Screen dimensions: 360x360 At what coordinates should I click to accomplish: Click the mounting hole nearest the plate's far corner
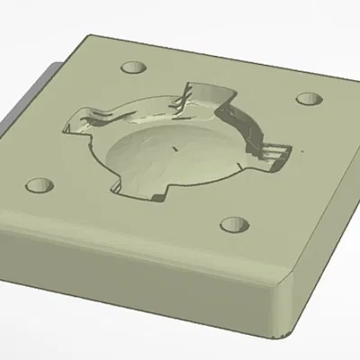pos(133,67)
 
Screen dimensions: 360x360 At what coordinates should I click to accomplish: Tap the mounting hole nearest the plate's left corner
pos(38,186)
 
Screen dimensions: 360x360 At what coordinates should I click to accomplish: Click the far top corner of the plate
pos(88,36)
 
